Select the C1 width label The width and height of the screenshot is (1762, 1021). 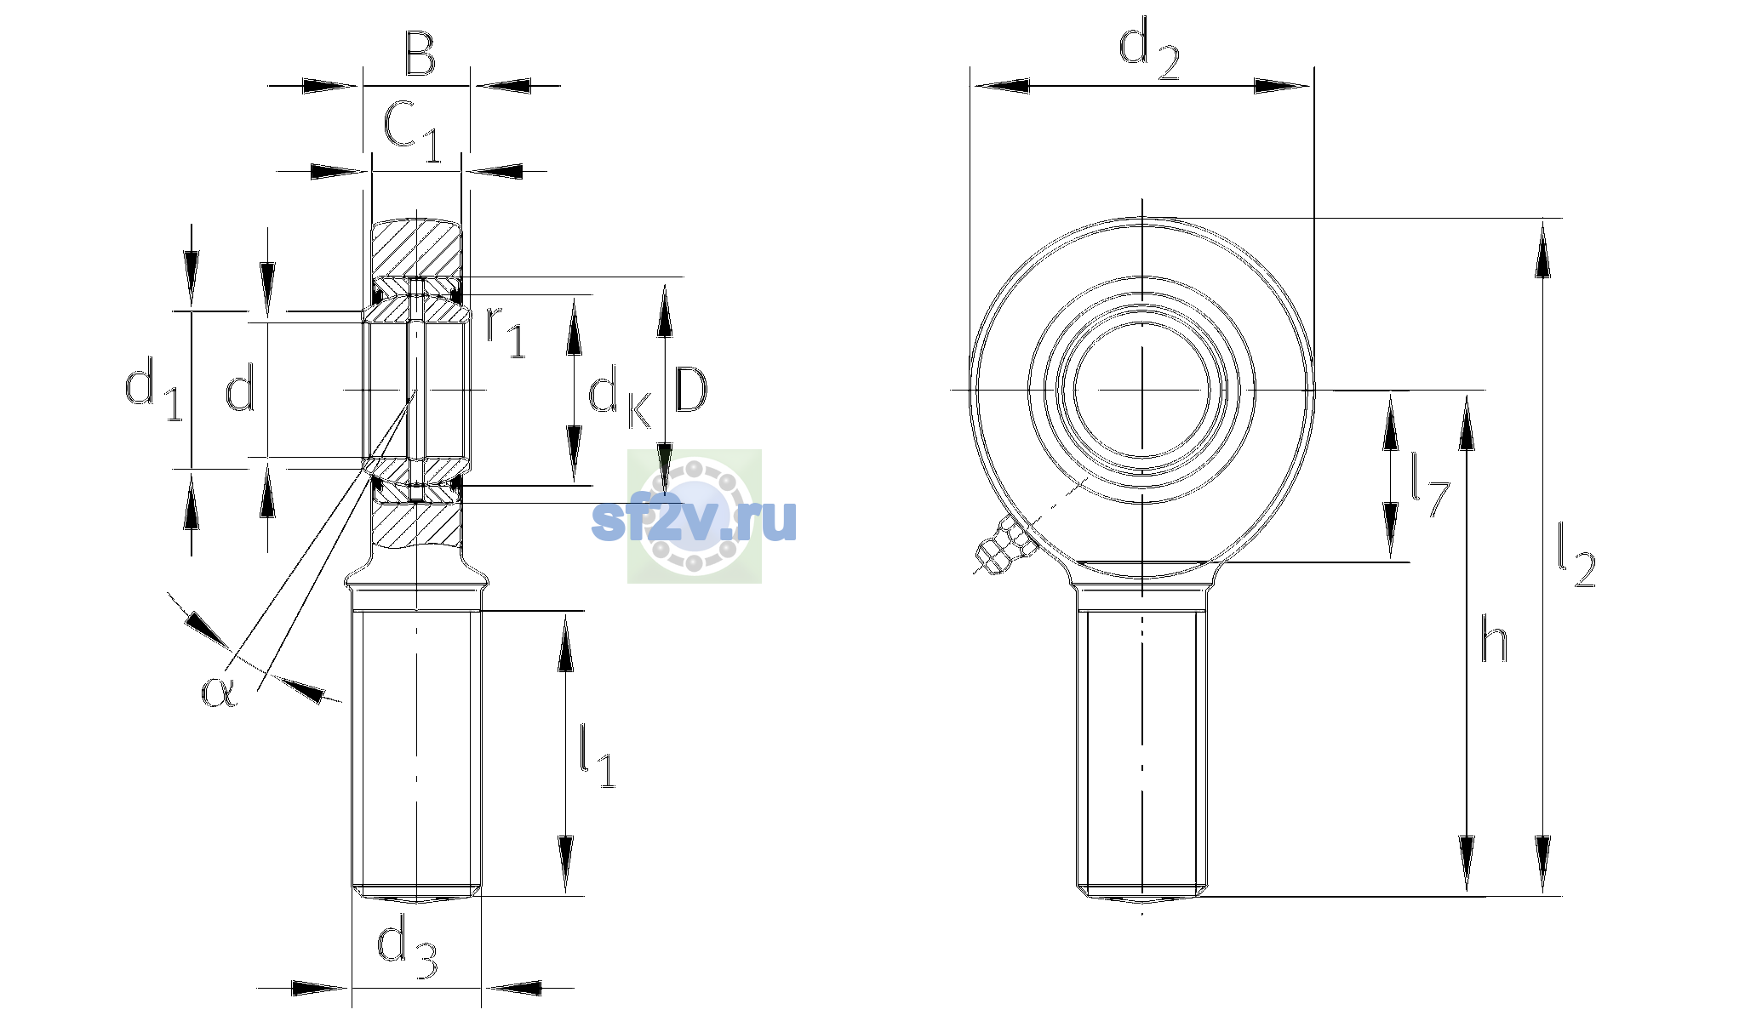(412, 131)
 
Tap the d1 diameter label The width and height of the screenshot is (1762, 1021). (153, 388)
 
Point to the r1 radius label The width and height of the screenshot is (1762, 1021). (505, 332)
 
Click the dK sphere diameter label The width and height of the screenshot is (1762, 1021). (621, 396)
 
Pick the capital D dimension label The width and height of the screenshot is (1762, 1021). (690, 391)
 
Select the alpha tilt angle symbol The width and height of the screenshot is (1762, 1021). (219, 691)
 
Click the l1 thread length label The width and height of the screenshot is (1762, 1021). (597, 755)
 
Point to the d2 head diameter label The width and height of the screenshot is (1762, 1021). (1149, 50)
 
